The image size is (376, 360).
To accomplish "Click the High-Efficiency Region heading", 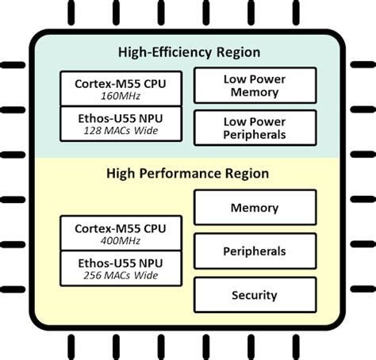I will [189, 52].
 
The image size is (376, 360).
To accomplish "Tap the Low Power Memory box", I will [254, 86].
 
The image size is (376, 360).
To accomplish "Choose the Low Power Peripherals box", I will [254, 128].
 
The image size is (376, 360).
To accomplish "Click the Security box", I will [254, 295].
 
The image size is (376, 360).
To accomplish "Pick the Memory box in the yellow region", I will [254, 208].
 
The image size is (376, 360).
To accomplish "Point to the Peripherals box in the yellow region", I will [254, 251].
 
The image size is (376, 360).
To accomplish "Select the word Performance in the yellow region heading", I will [185, 173].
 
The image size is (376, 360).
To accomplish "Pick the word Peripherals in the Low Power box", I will [254, 135].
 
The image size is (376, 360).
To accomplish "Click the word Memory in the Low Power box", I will [254, 92].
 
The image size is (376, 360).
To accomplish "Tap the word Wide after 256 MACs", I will [143, 275].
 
